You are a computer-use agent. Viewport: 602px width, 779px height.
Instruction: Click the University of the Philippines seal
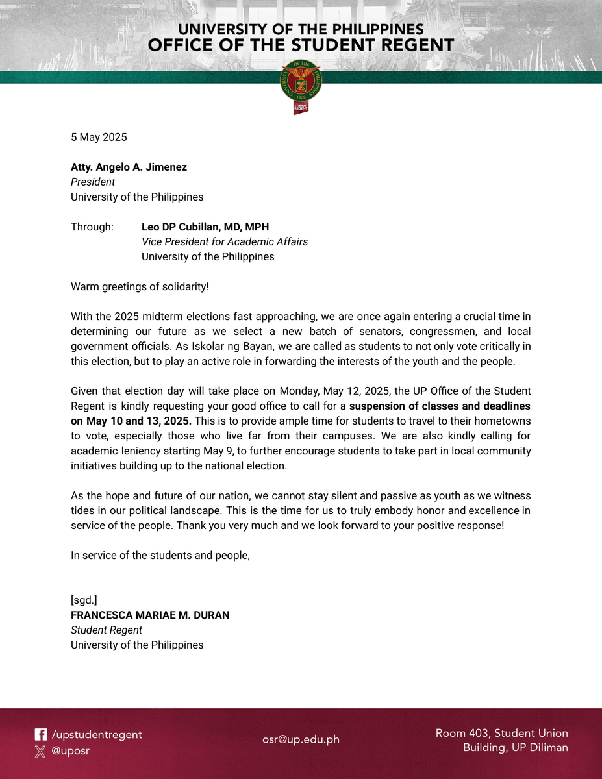301,82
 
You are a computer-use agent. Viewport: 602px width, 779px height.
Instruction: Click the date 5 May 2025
99,137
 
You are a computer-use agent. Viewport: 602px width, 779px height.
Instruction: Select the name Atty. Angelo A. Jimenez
129,167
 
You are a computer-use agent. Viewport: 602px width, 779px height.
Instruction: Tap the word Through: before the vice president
92,227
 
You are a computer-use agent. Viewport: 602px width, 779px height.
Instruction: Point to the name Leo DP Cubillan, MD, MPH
205,227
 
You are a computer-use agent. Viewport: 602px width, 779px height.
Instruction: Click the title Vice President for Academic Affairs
225,241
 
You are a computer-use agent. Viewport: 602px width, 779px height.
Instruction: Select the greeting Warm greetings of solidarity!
140,286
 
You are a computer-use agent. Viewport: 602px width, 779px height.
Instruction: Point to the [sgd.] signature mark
84,600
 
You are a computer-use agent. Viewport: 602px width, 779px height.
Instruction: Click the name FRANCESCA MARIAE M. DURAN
150,615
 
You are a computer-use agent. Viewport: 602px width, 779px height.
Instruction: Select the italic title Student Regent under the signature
107,630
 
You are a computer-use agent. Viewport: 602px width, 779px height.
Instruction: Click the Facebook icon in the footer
40,735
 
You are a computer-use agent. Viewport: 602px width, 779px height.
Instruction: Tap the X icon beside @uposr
40,751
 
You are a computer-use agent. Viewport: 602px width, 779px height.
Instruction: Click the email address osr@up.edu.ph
301,739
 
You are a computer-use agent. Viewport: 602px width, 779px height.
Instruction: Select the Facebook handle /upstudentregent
97,735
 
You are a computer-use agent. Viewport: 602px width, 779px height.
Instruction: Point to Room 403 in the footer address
462,733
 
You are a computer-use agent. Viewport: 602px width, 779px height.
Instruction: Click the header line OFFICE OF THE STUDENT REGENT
301,45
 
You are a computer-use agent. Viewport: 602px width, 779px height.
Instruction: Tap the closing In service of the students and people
160,555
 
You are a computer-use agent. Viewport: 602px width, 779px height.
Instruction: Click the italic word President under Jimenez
93,182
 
